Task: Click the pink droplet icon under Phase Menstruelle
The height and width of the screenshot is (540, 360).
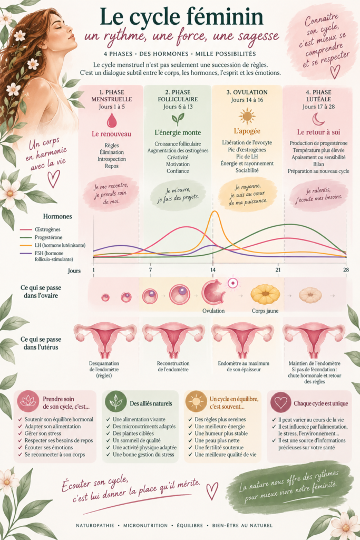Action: pos(112,121)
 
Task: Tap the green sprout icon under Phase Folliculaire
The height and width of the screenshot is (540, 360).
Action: pos(178,120)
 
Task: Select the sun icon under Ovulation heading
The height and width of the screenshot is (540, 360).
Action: pos(247,115)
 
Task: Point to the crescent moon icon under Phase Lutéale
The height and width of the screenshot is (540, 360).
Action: pos(318,119)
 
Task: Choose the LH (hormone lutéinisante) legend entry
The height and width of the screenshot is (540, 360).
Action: pos(60,245)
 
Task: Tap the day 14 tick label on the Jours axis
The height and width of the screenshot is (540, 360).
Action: pos(213,270)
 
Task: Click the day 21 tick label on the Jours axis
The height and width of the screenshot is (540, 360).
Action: pos(278,270)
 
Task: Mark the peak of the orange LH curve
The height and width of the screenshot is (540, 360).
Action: pos(215,211)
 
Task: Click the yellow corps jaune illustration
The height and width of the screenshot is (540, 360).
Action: pos(265,294)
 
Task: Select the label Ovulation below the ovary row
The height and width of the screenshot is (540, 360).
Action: pos(213,311)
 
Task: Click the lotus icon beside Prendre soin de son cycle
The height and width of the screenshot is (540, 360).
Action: pos(28,401)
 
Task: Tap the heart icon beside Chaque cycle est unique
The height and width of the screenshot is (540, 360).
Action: pos(281,401)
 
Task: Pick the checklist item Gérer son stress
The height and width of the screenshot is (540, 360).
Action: pos(43,433)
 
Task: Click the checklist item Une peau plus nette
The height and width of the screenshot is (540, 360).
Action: pos(217,440)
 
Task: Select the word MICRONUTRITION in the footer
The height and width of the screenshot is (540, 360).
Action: pos(145,526)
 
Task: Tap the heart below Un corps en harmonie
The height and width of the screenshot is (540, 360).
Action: pos(53,179)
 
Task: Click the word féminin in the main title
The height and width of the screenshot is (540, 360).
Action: pos(226,17)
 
